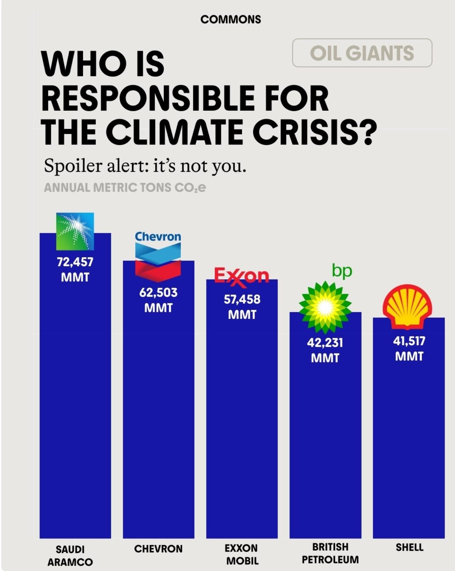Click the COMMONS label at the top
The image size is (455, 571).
point(231,19)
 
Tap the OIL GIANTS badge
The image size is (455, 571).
point(362,53)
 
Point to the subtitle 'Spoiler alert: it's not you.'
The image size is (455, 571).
point(145,166)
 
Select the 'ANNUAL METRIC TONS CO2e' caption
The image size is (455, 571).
point(125,188)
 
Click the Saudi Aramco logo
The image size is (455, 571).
point(75,231)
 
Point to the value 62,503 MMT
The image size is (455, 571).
point(158,300)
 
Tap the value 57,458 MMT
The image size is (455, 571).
point(242,307)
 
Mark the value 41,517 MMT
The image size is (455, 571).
point(409,348)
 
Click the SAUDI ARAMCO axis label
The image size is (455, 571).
point(70,556)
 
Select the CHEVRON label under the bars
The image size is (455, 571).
point(158,549)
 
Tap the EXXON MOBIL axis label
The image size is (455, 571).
point(242,554)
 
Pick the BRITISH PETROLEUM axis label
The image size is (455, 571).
point(330,553)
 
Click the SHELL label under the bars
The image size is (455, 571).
point(410,547)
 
